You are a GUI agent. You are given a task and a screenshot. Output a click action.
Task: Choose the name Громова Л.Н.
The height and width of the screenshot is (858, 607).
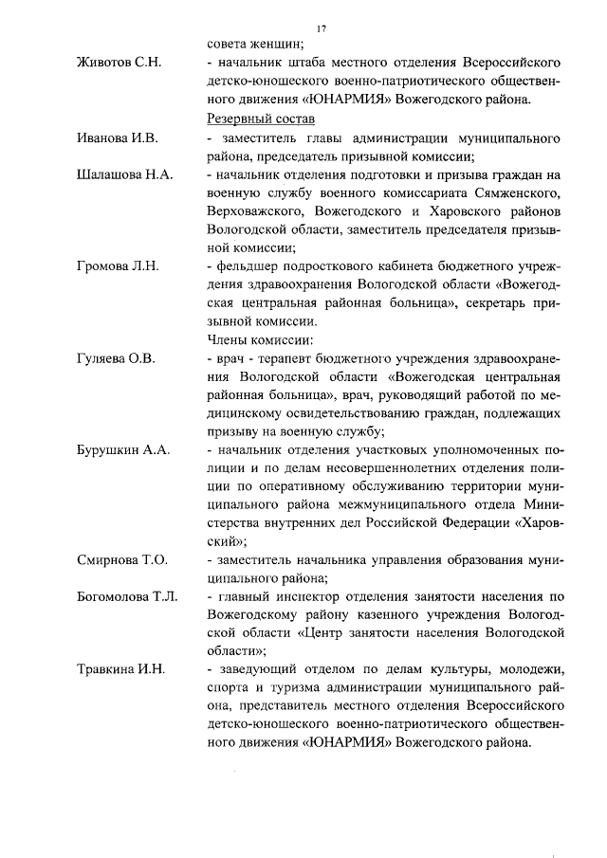(117, 266)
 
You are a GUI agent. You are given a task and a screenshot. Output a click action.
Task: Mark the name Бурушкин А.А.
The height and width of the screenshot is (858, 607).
(123, 450)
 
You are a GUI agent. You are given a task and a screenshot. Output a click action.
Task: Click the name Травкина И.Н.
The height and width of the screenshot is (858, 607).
(121, 669)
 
